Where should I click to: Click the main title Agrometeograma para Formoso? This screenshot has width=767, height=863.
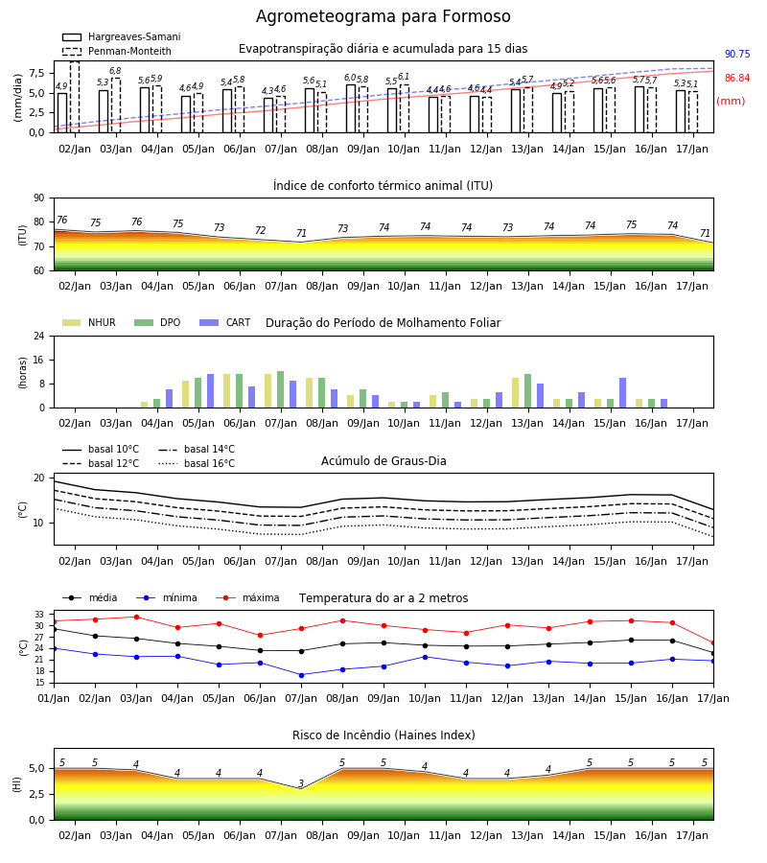[383, 16]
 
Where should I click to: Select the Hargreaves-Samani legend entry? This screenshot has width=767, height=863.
[122, 36]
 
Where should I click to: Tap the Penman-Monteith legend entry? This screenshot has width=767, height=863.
[117, 51]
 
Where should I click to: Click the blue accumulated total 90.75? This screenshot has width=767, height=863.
[737, 54]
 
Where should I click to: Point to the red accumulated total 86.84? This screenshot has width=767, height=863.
[737, 79]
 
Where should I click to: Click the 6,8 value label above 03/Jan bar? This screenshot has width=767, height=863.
[115, 71]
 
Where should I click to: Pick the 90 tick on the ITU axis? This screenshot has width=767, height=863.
[39, 198]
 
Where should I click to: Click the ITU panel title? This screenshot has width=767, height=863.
[383, 185]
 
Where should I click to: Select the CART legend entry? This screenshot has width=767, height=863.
[225, 322]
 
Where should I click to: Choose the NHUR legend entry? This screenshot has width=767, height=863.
[89, 322]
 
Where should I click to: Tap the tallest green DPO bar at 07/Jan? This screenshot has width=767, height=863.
[281, 389]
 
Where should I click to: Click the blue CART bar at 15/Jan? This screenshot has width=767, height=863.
[623, 393]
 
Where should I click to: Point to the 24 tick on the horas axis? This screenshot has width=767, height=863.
[39, 337]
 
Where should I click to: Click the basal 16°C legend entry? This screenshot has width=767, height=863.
[197, 463]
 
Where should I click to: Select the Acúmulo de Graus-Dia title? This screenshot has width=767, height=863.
[383, 460]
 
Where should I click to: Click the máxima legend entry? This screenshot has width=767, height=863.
[247, 597]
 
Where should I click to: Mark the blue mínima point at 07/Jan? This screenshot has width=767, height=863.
[301, 675]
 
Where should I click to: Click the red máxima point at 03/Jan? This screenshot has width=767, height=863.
[136, 617]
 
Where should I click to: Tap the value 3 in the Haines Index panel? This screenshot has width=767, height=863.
[301, 783]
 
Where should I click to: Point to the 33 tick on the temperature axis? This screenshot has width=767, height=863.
[40, 615]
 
